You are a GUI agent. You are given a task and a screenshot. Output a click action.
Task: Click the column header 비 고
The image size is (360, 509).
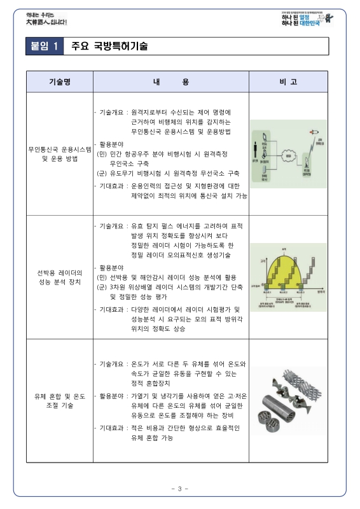pos(288,82)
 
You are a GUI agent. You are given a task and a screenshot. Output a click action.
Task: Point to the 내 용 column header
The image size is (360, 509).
pos(171,82)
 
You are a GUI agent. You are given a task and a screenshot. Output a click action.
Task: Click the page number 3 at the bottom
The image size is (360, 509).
pos(180,489)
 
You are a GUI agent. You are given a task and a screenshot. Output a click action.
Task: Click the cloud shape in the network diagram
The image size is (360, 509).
pos(288,155)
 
